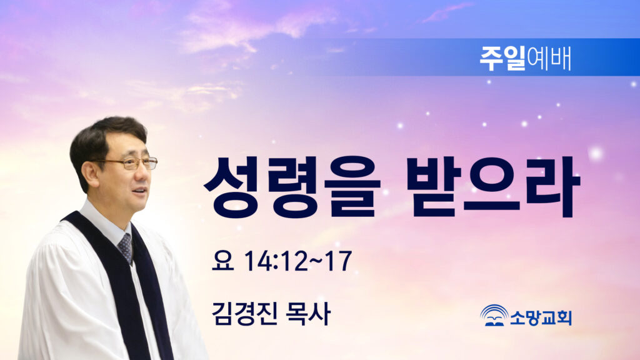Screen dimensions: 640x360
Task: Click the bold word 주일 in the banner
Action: tap(502, 59)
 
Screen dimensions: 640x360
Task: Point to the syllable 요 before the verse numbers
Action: tap(223, 261)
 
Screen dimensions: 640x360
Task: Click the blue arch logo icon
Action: tap(494, 315)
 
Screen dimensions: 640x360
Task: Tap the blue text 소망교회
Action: tap(541, 317)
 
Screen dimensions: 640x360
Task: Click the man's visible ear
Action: tap(90, 173)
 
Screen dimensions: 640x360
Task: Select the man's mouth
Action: tap(139, 191)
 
